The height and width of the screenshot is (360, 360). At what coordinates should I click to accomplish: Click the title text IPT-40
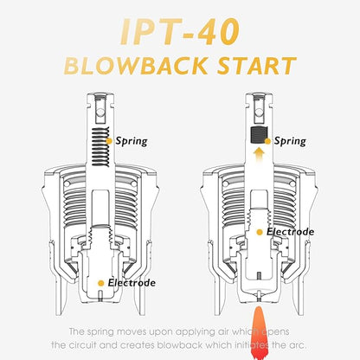[x=180, y=32]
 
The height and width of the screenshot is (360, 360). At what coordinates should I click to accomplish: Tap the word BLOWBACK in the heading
[x=136, y=66]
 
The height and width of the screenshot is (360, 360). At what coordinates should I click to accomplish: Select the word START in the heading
[x=257, y=66]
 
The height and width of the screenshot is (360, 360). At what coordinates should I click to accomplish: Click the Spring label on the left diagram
[x=132, y=141]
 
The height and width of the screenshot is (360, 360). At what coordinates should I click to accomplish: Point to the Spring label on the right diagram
[x=290, y=141]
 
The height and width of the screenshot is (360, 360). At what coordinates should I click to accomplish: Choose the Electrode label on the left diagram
[x=132, y=283]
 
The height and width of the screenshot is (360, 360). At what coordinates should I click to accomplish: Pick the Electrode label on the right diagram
[x=290, y=232]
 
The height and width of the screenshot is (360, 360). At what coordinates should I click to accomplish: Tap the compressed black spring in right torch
[x=259, y=135]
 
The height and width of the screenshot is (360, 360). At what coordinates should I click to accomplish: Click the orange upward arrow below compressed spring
[x=260, y=155]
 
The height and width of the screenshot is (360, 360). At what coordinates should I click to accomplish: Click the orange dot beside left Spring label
[x=109, y=141]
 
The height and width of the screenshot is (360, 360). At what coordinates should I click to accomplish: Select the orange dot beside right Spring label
[x=267, y=141]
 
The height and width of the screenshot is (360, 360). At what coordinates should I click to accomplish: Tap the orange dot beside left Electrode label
[x=101, y=283]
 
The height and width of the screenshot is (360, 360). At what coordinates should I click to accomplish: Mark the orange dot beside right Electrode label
[x=260, y=232]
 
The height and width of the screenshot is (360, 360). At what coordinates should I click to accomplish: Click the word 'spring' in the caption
[x=100, y=332]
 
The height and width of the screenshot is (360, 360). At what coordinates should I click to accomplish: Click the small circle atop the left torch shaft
[x=100, y=112]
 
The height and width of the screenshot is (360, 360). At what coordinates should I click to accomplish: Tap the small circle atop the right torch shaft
[x=259, y=112]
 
